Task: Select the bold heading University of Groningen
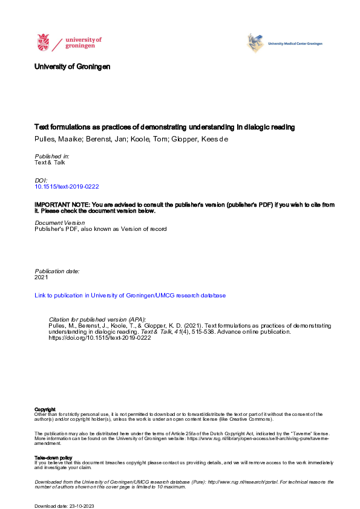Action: click(x=73, y=67)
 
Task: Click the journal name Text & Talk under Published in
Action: click(x=50, y=163)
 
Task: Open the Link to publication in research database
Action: click(x=130, y=296)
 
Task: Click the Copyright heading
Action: click(x=45, y=409)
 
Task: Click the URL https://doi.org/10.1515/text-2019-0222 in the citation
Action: click(x=99, y=338)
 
